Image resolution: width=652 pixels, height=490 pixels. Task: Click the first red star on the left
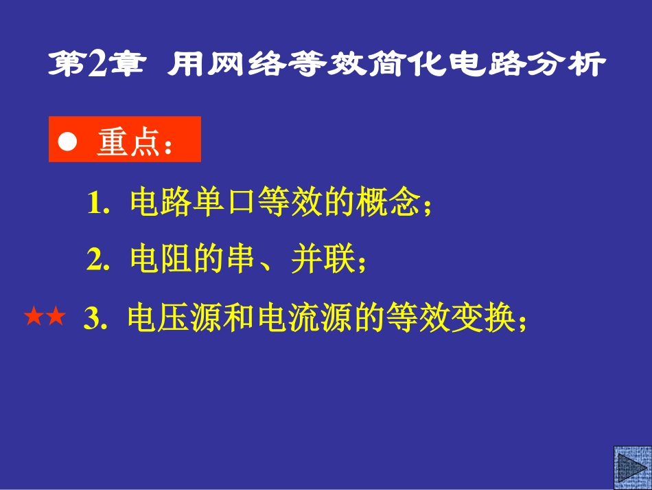(34, 317)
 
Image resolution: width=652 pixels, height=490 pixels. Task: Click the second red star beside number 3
(56, 317)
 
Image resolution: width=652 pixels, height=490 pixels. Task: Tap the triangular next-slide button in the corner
(631, 468)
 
